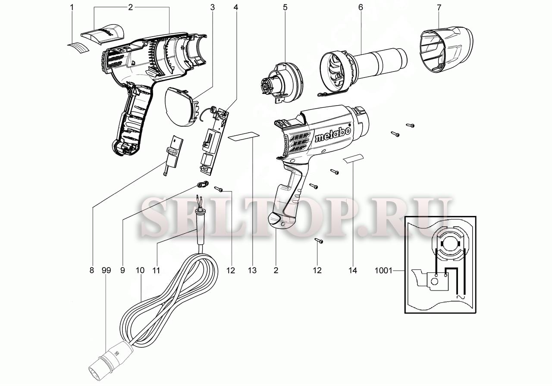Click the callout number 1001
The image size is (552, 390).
coord(384,271)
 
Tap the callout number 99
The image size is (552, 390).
coord(106,271)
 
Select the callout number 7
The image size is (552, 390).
coord(439,7)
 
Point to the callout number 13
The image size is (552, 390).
coord(252,271)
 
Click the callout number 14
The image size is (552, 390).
coord(353,271)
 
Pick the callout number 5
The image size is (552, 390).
coord(285,7)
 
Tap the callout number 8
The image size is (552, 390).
coord(91,271)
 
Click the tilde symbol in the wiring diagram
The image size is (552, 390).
coord(460,297)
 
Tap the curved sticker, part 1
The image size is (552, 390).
coord(80,47)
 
